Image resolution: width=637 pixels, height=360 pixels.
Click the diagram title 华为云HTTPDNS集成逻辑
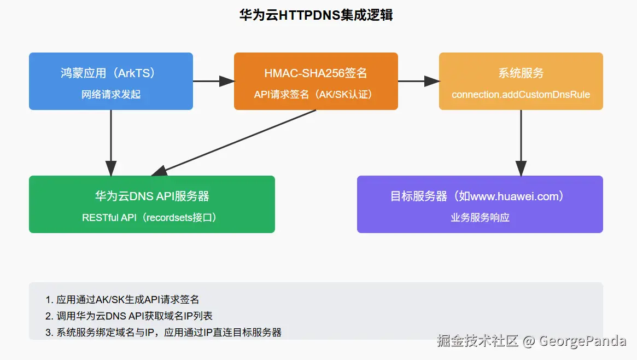pyautogui.click(x=316, y=15)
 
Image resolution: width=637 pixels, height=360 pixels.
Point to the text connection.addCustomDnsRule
pyautogui.click(x=521, y=95)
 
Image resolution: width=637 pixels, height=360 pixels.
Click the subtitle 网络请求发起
pyautogui.click(x=110, y=95)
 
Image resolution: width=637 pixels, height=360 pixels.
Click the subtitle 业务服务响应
pyautogui.click(x=480, y=218)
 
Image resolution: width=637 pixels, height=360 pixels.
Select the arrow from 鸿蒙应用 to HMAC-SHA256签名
pyautogui.click(x=213, y=81)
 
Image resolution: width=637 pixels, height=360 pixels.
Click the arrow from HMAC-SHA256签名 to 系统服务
pyautogui.click(x=418, y=81)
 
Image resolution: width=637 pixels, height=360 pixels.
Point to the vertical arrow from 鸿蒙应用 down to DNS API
pyautogui.click(x=111, y=142)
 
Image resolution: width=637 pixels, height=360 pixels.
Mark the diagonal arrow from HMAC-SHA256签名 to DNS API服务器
pyautogui.click(x=235, y=142)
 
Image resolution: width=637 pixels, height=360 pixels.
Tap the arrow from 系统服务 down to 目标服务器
pyautogui.click(x=521, y=142)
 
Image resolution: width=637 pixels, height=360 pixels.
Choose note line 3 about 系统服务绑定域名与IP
pyautogui.click(x=163, y=332)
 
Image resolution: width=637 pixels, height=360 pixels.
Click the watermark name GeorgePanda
pyautogui.click(x=582, y=341)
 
